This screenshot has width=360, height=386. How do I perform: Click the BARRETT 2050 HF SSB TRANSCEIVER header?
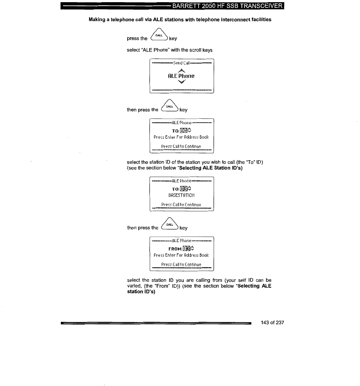(x=227, y=6)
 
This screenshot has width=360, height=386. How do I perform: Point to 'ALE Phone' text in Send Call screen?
(x=181, y=76)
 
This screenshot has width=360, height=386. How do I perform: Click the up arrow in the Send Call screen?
(x=182, y=70)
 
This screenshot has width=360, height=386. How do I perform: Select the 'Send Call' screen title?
(x=182, y=63)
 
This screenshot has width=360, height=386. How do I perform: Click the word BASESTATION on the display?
(x=182, y=195)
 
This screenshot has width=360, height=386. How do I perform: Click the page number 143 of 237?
(x=272, y=323)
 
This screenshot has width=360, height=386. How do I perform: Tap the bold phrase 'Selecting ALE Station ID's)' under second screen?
(x=211, y=168)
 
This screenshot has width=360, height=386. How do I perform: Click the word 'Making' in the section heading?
(x=97, y=20)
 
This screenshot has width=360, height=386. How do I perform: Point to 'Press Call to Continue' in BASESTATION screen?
(x=181, y=205)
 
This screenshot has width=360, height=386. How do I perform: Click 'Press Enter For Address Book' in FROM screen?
(x=182, y=255)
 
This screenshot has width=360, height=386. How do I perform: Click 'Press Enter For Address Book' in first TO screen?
(x=182, y=137)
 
